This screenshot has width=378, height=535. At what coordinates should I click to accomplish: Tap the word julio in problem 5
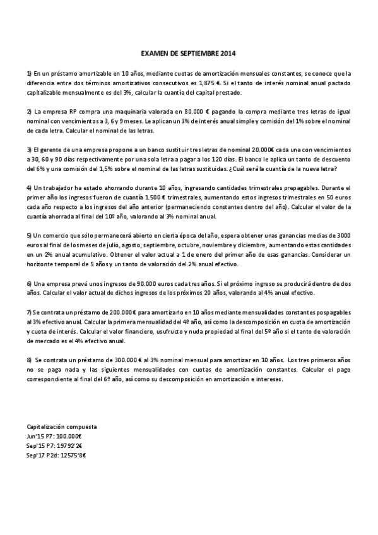106,245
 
